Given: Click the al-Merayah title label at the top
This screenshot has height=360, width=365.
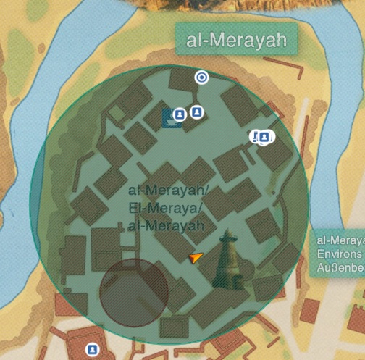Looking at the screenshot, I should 236,41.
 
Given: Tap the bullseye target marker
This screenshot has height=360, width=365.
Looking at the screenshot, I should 201,78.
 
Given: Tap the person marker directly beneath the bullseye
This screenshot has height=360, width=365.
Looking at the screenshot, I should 196,112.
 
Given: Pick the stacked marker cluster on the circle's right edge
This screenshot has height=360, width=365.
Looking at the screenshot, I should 262,136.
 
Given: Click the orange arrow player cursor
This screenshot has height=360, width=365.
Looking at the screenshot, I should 195,258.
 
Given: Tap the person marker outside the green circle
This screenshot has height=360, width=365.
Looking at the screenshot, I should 92,350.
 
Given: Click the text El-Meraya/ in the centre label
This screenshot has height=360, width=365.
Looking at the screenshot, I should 166,209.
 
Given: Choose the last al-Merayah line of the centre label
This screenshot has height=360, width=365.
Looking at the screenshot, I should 165,226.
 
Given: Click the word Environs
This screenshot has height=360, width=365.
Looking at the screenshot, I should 339,254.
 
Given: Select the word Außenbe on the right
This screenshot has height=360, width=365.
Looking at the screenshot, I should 340,269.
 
